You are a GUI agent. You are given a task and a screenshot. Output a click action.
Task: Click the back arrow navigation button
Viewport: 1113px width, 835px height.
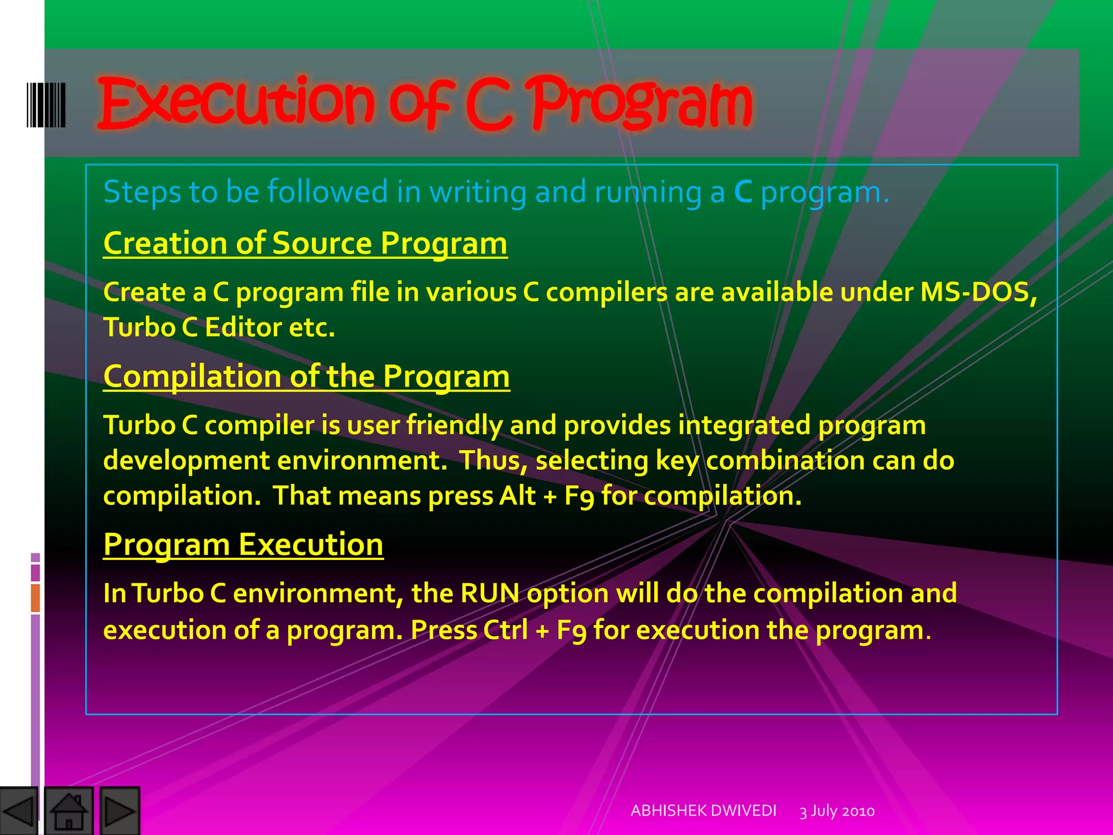pyautogui.click(x=18, y=811)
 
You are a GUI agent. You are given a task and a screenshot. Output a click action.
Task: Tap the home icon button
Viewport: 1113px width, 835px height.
pyautogui.click(x=68, y=811)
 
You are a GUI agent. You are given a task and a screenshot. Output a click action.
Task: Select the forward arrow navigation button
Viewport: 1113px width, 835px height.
pyautogui.click(x=120, y=811)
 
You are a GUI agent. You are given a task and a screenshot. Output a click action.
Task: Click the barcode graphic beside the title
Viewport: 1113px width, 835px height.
pyautogui.click(x=46, y=105)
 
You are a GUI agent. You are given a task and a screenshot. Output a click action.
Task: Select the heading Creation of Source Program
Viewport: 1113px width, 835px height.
pyautogui.click(x=305, y=243)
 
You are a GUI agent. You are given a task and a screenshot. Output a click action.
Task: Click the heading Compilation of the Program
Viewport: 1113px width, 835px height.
pyautogui.click(x=307, y=376)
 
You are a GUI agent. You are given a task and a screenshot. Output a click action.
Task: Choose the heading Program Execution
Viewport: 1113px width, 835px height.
pyautogui.click(x=243, y=544)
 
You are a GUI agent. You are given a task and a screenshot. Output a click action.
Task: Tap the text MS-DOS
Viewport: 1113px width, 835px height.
pyautogui.click(x=976, y=292)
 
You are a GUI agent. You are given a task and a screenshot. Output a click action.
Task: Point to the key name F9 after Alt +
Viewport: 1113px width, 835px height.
pyautogui.click(x=579, y=496)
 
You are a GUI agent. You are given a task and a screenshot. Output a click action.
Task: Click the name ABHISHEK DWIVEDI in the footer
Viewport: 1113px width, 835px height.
pyautogui.click(x=703, y=811)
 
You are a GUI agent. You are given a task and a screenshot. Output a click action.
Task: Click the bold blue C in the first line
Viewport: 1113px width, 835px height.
pyautogui.click(x=743, y=192)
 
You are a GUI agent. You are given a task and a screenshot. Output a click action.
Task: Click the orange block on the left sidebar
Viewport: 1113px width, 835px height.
pyautogui.click(x=35, y=597)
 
